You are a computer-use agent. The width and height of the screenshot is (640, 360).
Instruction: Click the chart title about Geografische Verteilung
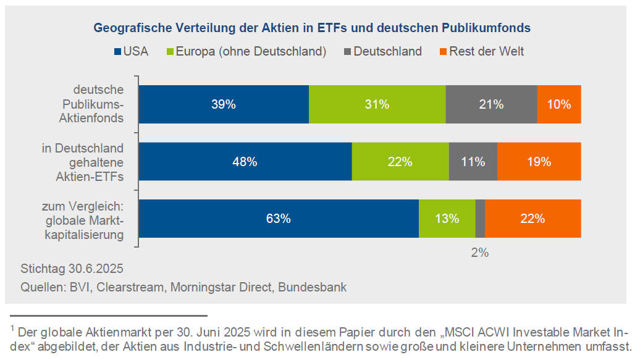click(312, 28)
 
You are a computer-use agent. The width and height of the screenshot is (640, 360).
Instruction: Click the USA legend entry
click(130, 51)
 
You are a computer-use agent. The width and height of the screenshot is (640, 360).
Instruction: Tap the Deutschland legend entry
click(382, 51)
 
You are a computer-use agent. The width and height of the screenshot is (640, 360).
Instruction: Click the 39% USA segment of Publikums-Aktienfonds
click(224, 105)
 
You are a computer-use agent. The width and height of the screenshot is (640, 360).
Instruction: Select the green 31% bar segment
click(377, 105)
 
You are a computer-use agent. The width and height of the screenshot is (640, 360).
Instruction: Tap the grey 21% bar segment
click(491, 105)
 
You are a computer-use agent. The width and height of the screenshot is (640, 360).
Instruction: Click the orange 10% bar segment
click(559, 105)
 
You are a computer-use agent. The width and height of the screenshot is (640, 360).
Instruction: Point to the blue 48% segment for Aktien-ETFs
click(245, 162)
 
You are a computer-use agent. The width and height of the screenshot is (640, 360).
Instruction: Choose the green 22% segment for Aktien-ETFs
click(400, 162)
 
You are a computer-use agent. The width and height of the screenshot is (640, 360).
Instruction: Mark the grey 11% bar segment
click(473, 162)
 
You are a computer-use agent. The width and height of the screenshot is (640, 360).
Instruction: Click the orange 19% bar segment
click(539, 162)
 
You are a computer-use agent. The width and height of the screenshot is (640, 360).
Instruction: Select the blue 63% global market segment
click(279, 219)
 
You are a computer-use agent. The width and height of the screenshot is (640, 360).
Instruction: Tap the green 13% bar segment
click(447, 219)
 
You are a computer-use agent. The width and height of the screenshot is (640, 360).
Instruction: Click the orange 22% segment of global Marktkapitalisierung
click(533, 219)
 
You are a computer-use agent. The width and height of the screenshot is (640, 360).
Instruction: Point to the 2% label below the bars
click(480, 252)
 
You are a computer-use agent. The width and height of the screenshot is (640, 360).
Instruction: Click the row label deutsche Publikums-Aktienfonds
click(98, 105)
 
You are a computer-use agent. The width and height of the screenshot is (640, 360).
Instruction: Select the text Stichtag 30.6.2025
click(72, 269)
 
